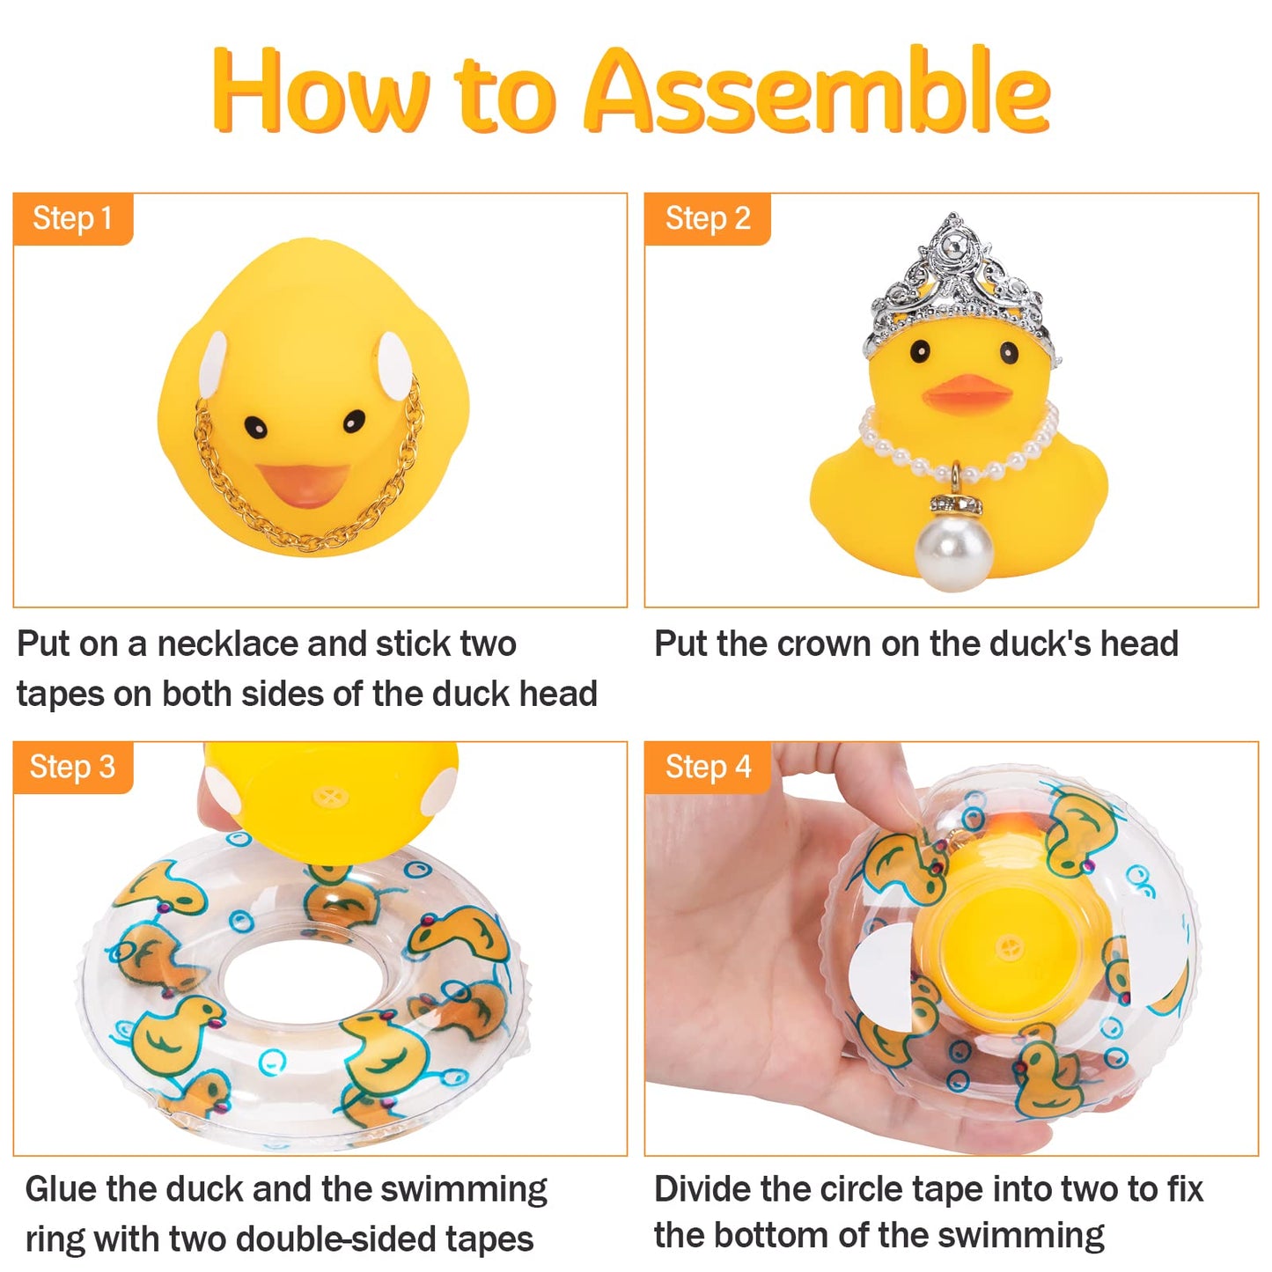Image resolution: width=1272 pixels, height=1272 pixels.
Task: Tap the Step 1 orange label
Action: click(x=72, y=218)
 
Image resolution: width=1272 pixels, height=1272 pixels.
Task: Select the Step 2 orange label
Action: click(x=707, y=218)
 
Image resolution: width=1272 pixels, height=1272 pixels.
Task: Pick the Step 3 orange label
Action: click(x=72, y=767)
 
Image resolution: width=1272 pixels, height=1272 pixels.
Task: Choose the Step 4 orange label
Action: click(x=707, y=767)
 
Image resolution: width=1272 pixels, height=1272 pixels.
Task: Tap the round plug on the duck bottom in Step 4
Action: click(x=1010, y=949)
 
